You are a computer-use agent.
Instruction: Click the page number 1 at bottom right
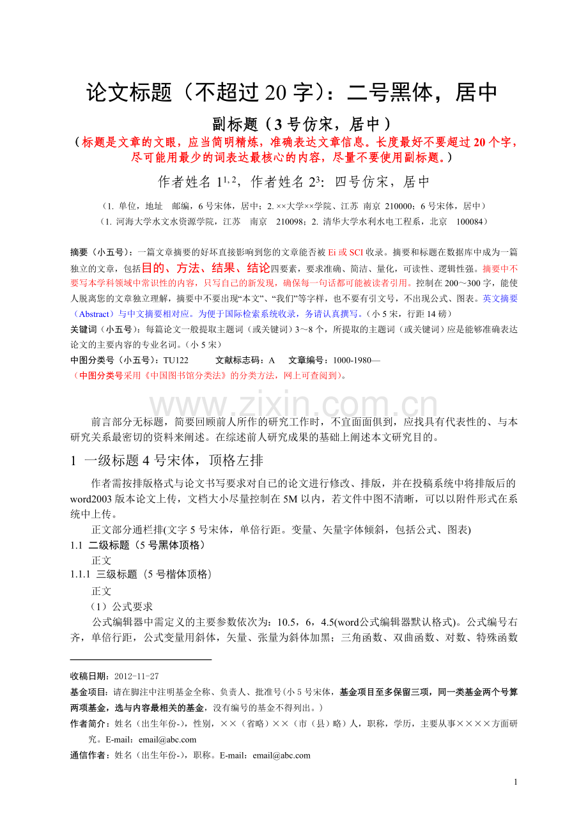[x=516, y=782]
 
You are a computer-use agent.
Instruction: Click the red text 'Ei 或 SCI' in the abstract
[x=346, y=252]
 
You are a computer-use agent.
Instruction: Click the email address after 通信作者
[x=281, y=755]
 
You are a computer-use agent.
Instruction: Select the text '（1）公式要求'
[x=121, y=606]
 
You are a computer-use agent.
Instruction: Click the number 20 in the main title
[x=272, y=93]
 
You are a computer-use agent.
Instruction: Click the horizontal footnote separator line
[x=141, y=659]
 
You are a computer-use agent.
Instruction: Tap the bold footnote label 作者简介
[x=89, y=723]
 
